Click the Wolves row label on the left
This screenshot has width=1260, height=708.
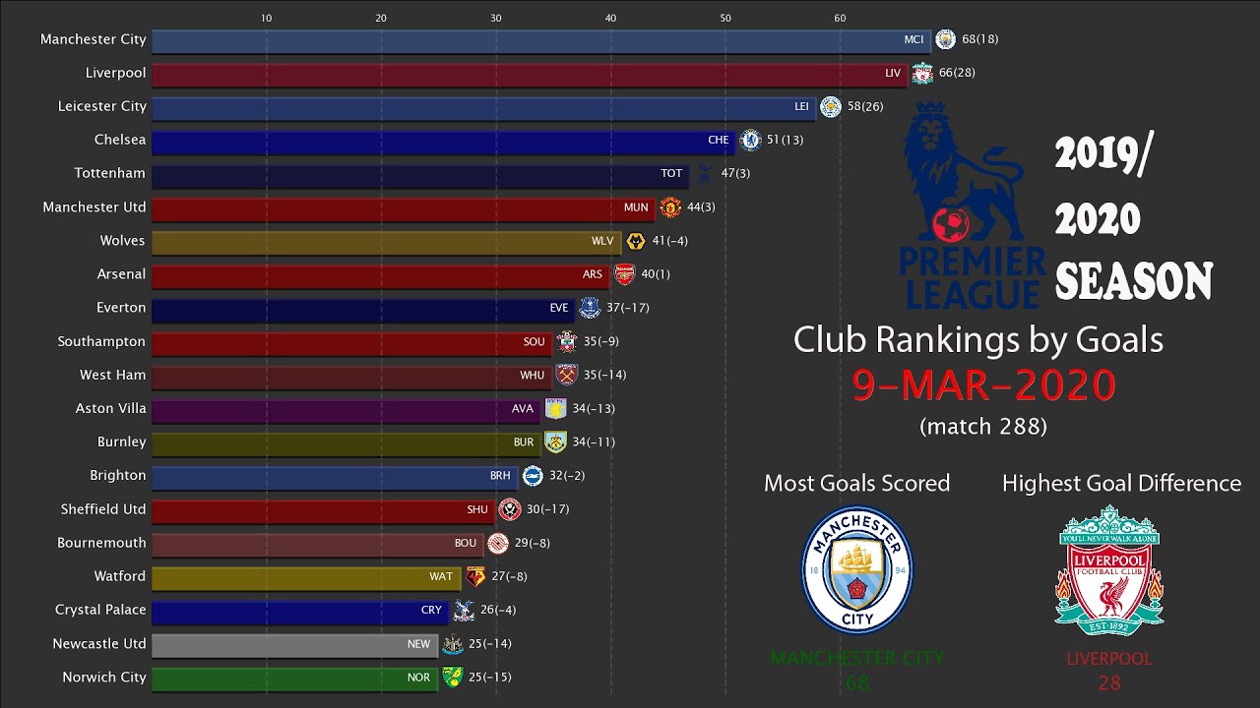click(122, 241)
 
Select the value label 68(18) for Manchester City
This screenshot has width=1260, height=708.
click(979, 39)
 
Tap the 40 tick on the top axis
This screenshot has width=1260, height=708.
click(610, 18)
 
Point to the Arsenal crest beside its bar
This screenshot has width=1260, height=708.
click(624, 274)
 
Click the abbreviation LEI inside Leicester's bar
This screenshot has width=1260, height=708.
click(801, 106)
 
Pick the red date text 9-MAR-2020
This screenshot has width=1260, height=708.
click(983, 385)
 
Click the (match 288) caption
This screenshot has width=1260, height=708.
click(983, 427)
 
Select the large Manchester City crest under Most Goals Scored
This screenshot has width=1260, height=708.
click(857, 570)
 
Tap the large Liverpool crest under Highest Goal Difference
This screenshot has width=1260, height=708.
click(1109, 570)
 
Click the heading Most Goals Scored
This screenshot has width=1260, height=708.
click(856, 483)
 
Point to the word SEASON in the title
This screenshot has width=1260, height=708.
click(1133, 281)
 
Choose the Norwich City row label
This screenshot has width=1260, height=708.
click(103, 678)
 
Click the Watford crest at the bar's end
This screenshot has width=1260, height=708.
click(475, 576)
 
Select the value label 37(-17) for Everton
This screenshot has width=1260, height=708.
click(627, 308)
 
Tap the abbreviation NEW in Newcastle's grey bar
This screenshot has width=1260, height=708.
click(419, 644)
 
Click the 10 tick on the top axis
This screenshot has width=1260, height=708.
click(266, 18)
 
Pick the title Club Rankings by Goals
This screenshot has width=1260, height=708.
click(978, 340)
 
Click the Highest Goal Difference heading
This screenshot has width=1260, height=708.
click(1121, 483)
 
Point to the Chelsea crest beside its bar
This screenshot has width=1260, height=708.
click(750, 140)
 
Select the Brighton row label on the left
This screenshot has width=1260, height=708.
click(117, 476)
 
